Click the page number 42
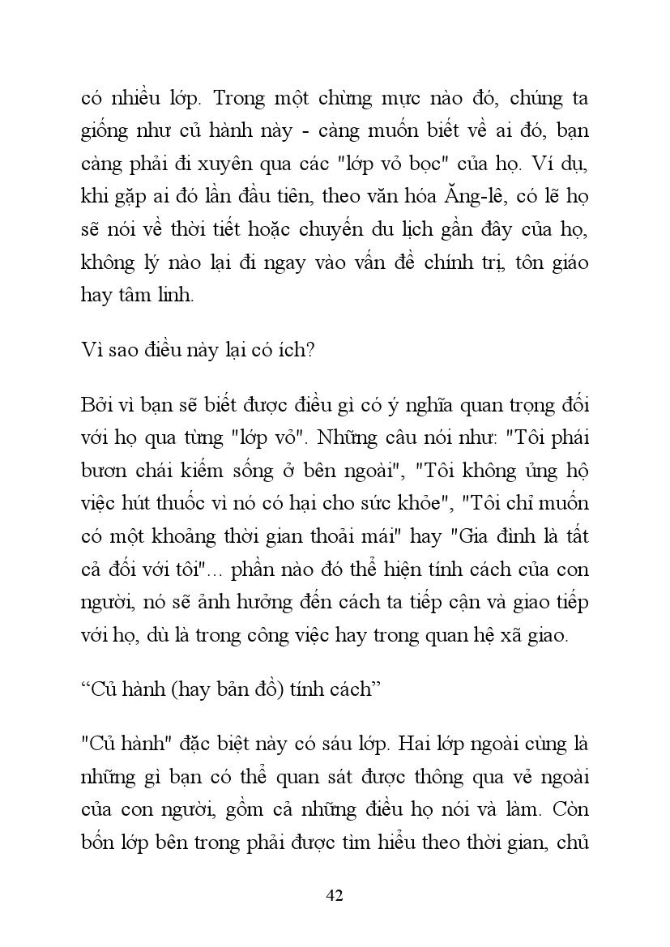click(335, 894)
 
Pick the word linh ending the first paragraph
click(175, 295)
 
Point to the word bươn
click(104, 470)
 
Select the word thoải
click(351, 535)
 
